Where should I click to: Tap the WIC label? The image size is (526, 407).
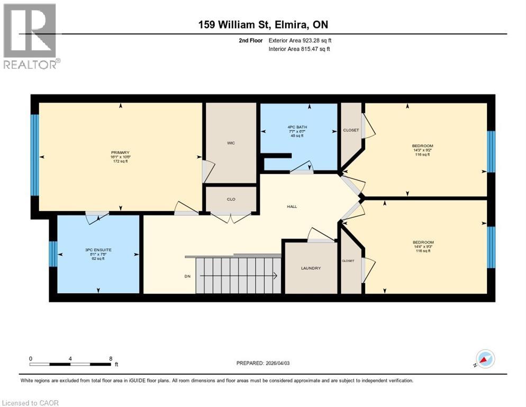pyautogui.click(x=231, y=143)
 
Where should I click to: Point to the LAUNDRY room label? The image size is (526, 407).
pyautogui.click(x=311, y=268)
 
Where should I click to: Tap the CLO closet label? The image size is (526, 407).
pyautogui.click(x=231, y=199)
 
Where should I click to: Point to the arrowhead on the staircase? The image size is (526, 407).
pyautogui.click(x=276, y=276)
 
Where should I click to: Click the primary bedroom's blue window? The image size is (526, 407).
pyautogui.click(x=34, y=155)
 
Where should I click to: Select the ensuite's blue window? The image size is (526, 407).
pyautogui.click(x=53, y=254)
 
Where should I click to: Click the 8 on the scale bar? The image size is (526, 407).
pyautogui.click(x=110, y=359)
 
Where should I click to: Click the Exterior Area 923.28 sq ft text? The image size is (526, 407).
pyautogui.click(x=300, y=40)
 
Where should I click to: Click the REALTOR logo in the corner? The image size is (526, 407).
pyautogui.click(x=30, y=36)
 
